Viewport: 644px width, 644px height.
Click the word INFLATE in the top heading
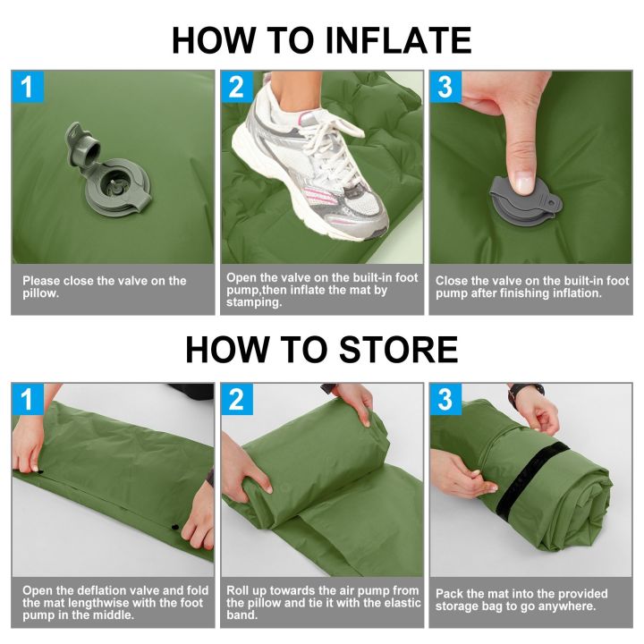[x=395, y=40]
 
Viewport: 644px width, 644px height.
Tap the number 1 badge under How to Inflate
[x=27, y=87]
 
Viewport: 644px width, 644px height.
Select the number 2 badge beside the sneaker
[x=236, y=87]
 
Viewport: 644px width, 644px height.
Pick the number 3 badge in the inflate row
[x=445, y=87]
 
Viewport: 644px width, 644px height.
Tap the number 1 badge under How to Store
[x=27, y=399]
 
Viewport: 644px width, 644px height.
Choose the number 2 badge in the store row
[x=236, y=399]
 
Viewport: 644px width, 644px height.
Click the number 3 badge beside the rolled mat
[x=445, y=399]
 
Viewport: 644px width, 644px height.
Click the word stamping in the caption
[x=254, y=303]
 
